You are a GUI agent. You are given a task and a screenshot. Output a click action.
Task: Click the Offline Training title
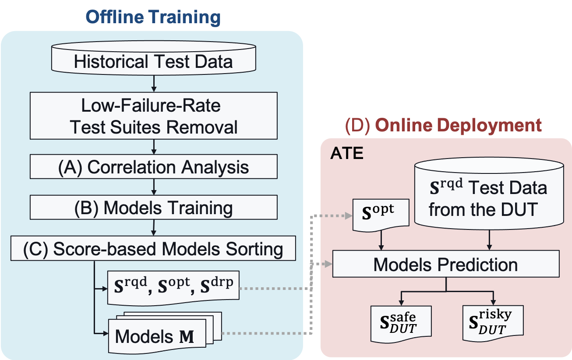pos(153,17)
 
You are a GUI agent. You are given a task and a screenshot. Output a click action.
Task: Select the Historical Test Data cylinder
pos(153,61)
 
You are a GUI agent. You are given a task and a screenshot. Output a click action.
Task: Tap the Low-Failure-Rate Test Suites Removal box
pos(153,116)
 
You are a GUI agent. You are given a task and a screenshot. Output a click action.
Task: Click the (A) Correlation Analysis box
pos(153,168)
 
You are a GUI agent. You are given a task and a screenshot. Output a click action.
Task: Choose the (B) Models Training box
pos(153,208)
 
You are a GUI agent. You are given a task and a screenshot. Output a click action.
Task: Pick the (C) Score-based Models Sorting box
pos(153,249)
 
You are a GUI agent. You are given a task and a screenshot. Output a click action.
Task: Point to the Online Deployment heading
pos(458,125)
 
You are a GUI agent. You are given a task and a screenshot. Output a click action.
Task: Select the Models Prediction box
pos(445,264)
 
